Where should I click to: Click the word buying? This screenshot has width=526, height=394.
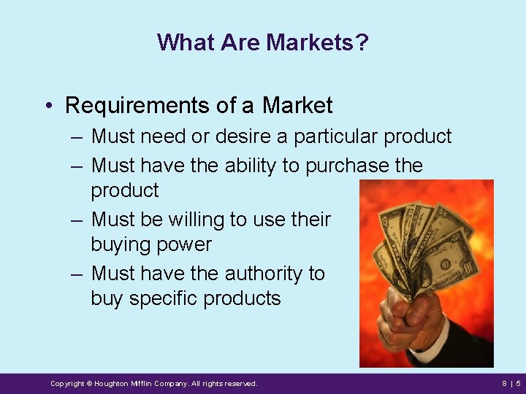pos(123,244)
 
